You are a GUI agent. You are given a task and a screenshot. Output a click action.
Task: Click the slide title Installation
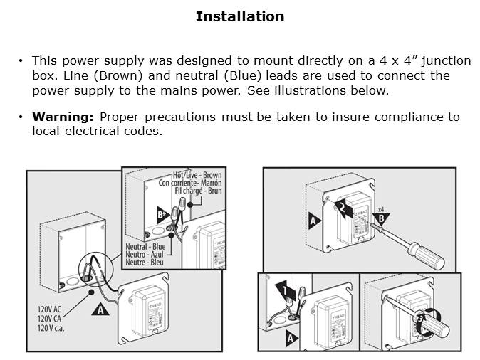[240, 16]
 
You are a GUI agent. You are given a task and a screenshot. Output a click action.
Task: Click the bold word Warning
[64, 117]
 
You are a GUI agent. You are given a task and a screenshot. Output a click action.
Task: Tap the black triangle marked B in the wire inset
[162, 214]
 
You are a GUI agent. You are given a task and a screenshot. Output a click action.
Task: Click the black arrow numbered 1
[283, 290]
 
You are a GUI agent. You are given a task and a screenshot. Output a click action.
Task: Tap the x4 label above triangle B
[381, 209]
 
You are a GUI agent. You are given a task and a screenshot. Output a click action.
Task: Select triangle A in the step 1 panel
[291, 338]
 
